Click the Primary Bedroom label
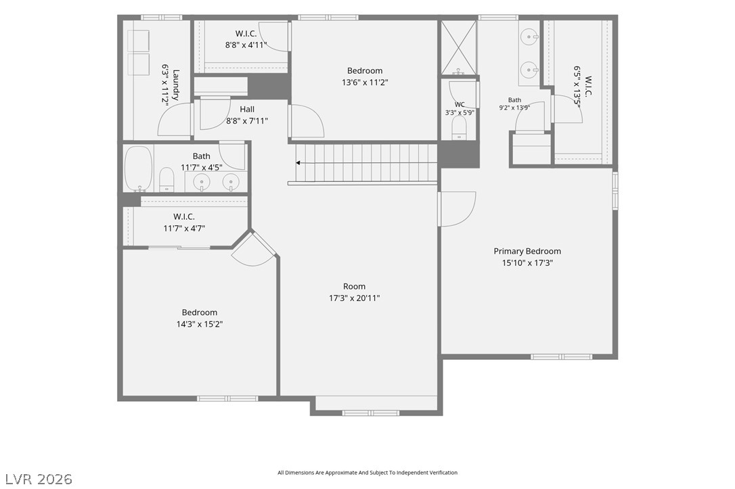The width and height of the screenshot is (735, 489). coord(527,251)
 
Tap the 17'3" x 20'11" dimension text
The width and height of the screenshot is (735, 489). coord(354,298)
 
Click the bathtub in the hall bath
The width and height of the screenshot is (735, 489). coord(138,168)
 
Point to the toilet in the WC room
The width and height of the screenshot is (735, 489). coord(459,127)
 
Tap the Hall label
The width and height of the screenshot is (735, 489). coord(247,109)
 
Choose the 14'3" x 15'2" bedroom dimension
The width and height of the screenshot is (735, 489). coord(199,324)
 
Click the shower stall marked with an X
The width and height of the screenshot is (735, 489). coord(459,47)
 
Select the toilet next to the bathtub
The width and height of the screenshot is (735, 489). coord(166,179)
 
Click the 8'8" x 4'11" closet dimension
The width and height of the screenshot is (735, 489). coord(246,45)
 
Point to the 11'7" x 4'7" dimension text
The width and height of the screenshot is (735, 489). coord(184,229)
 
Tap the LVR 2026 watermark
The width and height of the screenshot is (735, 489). coord(39,479)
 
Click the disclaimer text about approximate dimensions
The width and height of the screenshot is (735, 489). coord(367,473)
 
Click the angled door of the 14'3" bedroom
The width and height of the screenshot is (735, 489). coord(254,249)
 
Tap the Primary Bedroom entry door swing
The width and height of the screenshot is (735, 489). coord(457,209)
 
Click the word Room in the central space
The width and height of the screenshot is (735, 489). coord(354,286)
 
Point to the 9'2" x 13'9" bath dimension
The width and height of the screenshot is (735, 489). coord(514,108)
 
